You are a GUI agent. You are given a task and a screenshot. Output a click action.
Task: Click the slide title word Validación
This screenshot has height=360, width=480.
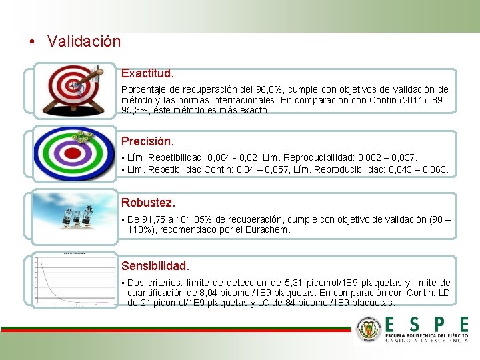tap(84, 41)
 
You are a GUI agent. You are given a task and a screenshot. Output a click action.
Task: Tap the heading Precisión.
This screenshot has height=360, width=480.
tap(147, 141)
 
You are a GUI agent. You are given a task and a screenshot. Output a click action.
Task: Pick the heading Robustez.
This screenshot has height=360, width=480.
tap(148, 202)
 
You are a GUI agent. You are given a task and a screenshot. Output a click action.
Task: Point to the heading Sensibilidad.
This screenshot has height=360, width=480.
tap(155, 266)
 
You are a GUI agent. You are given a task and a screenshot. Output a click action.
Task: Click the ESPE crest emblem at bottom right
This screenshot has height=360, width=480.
tap(368, 329)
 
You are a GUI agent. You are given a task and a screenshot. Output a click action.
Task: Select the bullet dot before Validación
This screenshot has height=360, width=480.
tap(33, 42)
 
